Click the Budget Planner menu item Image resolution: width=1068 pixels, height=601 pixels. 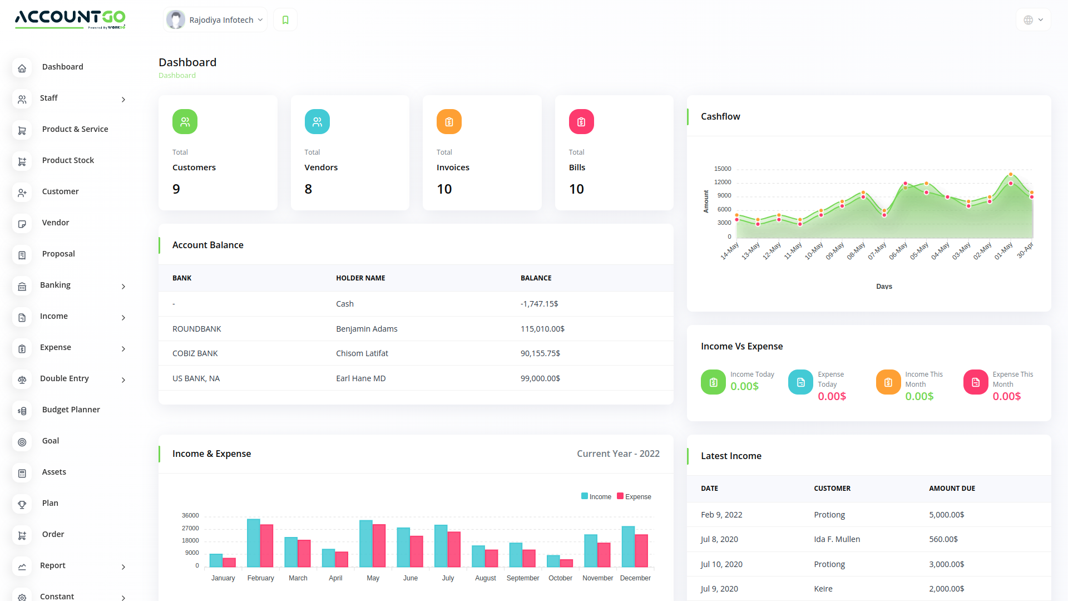(71, 410)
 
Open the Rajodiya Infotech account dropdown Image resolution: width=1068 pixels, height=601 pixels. (216, 20)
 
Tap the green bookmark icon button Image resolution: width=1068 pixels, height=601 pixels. (285, 20)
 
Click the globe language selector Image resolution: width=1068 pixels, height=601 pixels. (1033, 20)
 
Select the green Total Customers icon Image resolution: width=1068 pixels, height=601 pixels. (185, 122)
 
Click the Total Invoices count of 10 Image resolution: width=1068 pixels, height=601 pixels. (444, 189)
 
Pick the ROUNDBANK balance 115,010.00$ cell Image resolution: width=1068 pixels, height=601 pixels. (542, 329)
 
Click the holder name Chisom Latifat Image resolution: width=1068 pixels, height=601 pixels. (362, 353)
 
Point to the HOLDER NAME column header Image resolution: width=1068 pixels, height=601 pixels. (360, 278)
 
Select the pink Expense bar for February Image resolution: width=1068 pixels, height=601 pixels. (266, 545)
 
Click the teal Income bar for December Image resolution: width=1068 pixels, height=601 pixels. (628, 546)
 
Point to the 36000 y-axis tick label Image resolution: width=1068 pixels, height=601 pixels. (190, 516)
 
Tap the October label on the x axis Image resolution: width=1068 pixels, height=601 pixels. (560, 578)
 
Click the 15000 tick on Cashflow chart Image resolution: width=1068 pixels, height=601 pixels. (723, 169)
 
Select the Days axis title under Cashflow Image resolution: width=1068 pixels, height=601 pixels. (884, 287)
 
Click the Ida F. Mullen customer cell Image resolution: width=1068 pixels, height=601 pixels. (837, 539)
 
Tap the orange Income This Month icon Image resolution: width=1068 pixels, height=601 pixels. (888, 382)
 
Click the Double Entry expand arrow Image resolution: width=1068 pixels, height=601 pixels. (123, 380)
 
